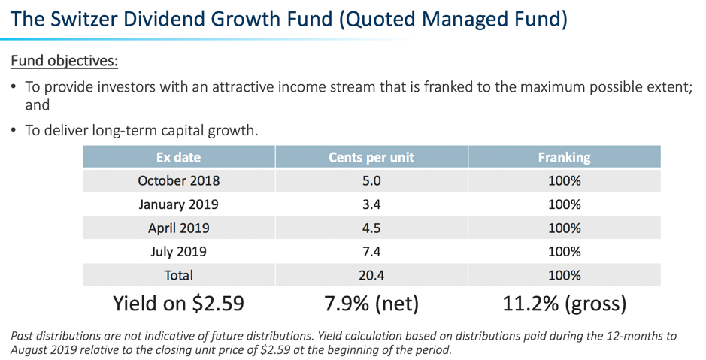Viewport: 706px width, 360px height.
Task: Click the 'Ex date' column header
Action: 178,158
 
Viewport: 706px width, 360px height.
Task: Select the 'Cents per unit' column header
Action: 371,158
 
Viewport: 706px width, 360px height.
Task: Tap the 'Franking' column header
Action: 564,158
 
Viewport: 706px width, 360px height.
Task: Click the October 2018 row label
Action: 178,181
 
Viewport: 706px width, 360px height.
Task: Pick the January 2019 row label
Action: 178,204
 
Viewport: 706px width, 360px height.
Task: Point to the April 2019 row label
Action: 178,228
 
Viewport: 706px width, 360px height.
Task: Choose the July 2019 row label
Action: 178,252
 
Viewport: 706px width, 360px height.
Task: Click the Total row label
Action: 178,275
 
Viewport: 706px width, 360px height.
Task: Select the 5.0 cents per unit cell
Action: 371,181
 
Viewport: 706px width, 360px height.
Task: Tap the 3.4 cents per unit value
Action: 371,204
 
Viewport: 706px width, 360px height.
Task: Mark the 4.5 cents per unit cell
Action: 371,228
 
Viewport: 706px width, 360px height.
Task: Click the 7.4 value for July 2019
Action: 371,252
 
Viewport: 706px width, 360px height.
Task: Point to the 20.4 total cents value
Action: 371,275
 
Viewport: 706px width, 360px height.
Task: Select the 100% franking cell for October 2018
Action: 564,181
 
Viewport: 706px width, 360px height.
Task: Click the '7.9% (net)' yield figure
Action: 371,304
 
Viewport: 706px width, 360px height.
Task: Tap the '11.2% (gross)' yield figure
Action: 564,304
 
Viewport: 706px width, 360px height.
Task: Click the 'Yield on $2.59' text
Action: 178,304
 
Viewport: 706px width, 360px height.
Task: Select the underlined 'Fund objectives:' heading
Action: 64,60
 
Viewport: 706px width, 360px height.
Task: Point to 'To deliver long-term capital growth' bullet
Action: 141,130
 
